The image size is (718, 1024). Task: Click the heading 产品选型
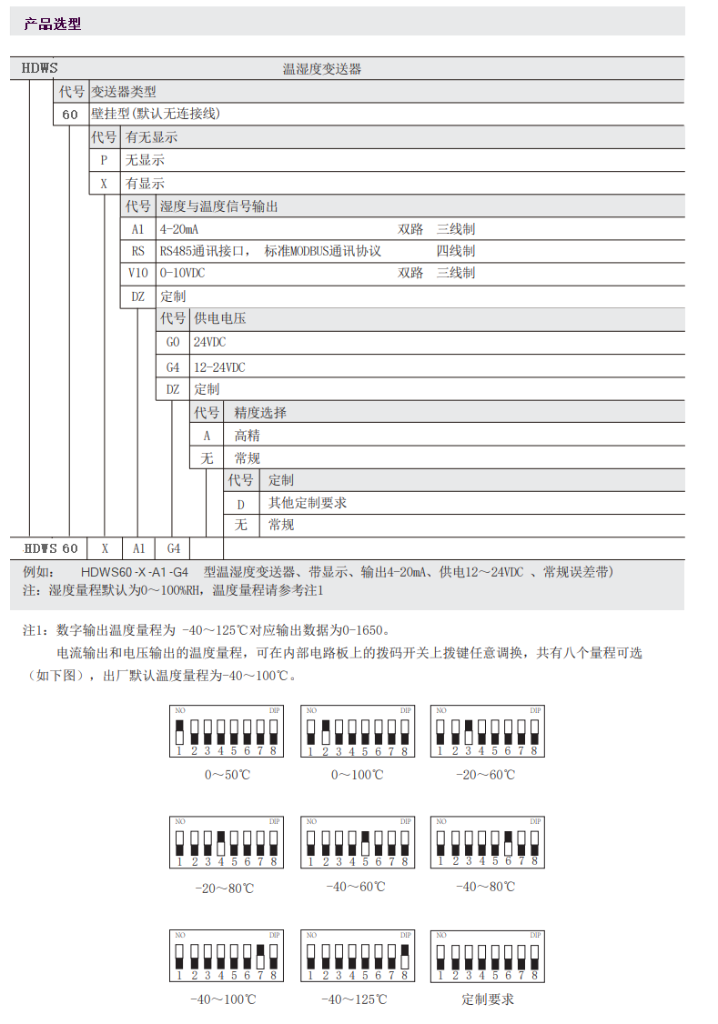[53, 25]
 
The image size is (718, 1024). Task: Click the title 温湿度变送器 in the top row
[322, 69]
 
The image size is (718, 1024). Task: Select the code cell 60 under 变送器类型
[70, 115]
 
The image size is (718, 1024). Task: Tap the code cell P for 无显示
[104, 160]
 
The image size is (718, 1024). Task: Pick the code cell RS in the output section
[137, 251]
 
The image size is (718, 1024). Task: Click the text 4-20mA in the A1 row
[179, 229]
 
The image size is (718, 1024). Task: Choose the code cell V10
[137, 273]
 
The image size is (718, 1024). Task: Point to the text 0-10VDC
[183, 273]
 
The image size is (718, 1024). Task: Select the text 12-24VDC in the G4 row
[219, 367]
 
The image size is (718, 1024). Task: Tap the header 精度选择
[260, 413]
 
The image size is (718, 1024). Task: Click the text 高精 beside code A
[248, 436]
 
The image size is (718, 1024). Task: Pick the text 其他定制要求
[308, 503]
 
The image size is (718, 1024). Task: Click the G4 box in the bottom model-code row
[173, 548]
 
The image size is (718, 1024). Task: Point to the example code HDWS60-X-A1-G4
[134, 572]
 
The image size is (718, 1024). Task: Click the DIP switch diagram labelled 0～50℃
[227, 730]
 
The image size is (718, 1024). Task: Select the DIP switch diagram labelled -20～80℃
[227, 842]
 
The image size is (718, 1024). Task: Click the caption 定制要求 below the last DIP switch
[487, 999]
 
